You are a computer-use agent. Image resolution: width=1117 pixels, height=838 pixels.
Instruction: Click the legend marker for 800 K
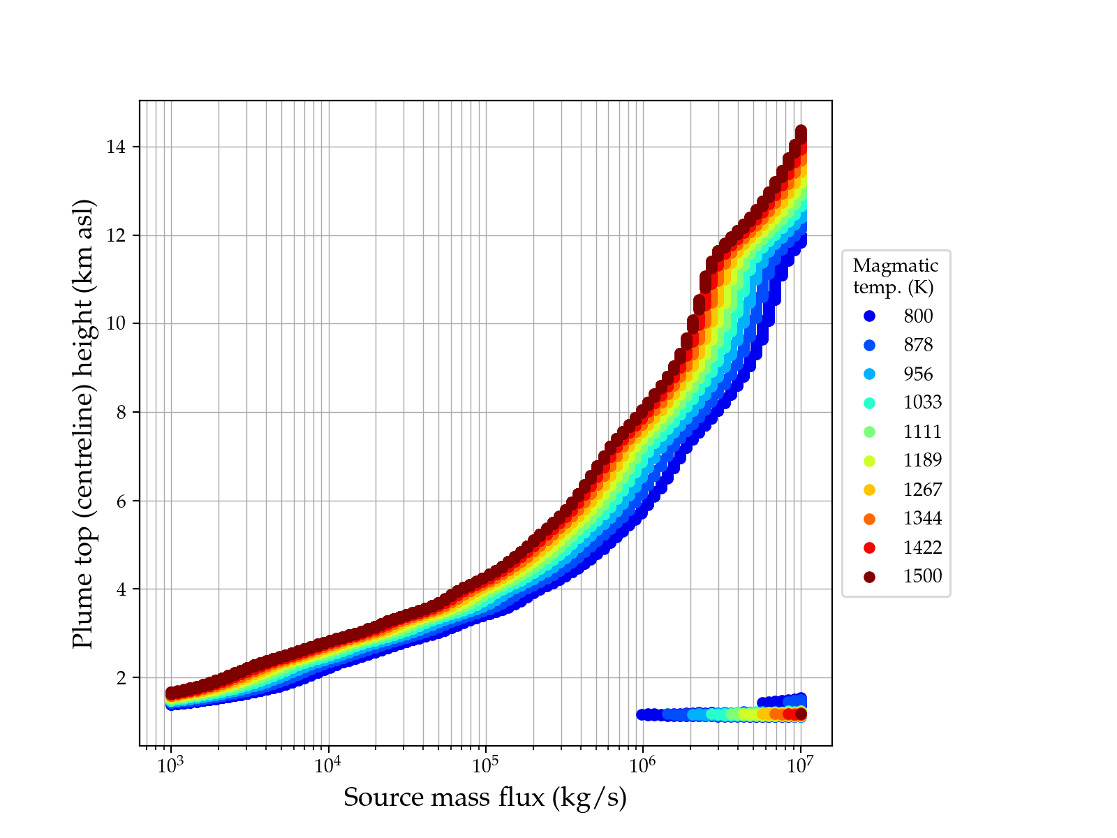click(x=869, y=316)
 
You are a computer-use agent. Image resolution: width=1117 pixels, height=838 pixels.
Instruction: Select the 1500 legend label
click(x=922, y=576)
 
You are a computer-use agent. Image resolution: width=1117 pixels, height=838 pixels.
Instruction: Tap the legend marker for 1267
click(x=869, y=490)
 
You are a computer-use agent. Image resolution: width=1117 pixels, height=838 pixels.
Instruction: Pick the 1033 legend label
click(x=922, y=403)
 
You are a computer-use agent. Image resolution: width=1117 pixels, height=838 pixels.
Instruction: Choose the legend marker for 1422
click(x=869, y=547)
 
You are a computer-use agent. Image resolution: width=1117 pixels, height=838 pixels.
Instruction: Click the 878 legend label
click(x=918, y=345)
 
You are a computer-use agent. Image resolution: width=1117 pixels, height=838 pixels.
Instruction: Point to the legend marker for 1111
click(x=869, y=432)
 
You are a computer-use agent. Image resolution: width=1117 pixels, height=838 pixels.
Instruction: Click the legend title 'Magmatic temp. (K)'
click(x=895, y=276)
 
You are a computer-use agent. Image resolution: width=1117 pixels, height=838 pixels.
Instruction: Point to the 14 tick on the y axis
click(x=117, y=147)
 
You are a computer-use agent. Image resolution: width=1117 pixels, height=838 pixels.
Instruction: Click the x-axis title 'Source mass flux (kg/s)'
click(x=485, y=797)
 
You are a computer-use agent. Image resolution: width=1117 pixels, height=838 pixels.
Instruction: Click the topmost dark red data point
click(x=801, y=131)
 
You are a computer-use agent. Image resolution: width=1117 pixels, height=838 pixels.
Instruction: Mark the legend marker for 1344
click(x=869, y=519)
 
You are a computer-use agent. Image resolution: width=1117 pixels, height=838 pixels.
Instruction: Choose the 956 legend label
click(x=918, y=374)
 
